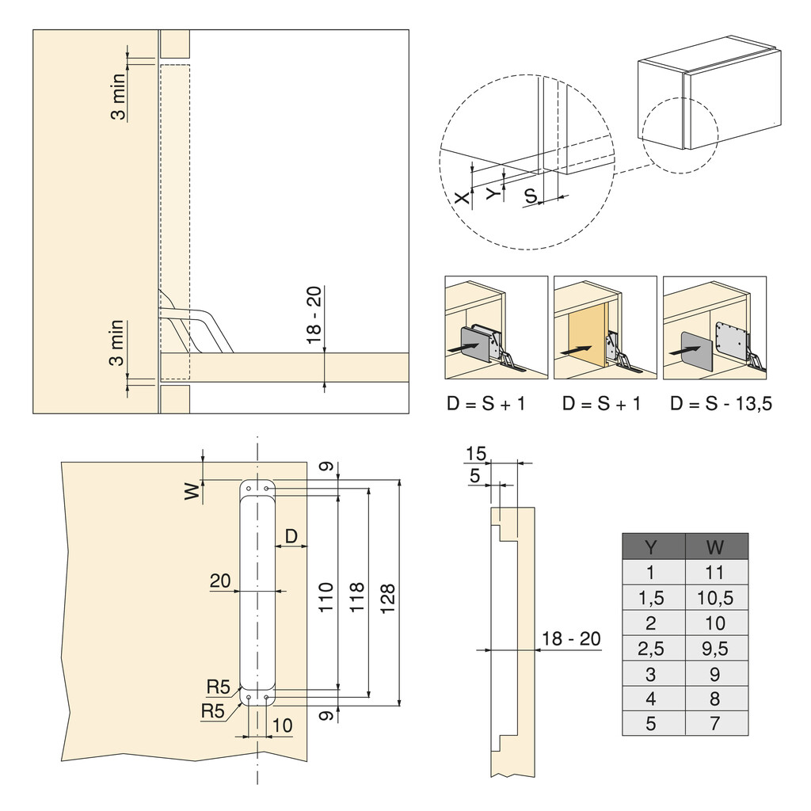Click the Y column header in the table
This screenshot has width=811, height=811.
point(653,546)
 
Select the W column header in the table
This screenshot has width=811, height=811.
point(716,546)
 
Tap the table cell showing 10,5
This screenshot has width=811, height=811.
point(716,597)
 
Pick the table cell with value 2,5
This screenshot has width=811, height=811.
point(653,649)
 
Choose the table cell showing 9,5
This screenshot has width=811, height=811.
point(716,649)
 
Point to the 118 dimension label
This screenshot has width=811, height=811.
point(358,591)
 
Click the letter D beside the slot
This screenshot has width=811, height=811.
point(291,536)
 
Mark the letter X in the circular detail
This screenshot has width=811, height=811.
point(463,198)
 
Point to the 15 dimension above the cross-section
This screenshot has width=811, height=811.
point(475,454)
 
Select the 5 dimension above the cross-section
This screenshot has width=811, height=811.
point(475,475)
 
